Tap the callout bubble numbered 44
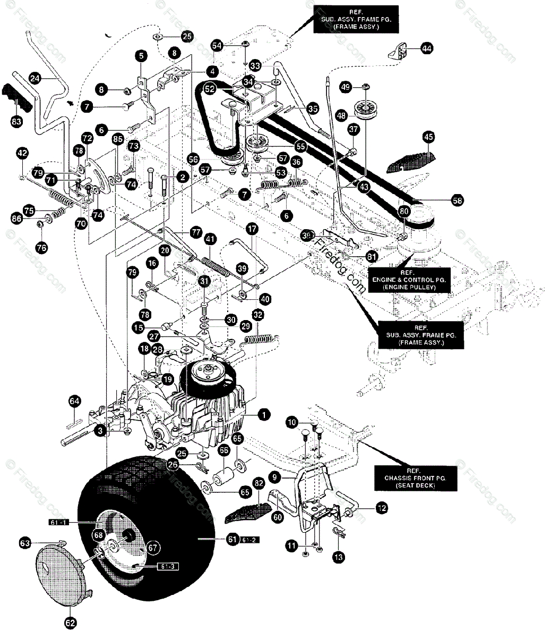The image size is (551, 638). click(x=426, y=48)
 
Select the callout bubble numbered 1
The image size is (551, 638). click(x=263, y=414)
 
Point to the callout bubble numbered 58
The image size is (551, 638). click(x=457, y=200)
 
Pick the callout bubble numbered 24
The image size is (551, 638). click(x=35, y=79)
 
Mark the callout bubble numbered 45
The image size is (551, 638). click(x=428, y=137)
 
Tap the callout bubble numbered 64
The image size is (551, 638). click(x=74, y=400)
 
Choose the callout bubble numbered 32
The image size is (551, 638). click(x=257, y=314)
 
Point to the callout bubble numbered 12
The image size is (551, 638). click(x=381, y=508)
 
